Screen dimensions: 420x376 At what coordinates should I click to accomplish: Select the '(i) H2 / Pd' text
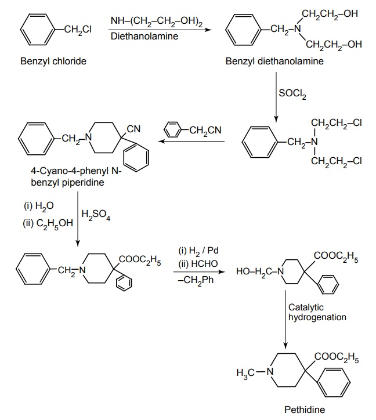pyautogui.click(x=198, y=251)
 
